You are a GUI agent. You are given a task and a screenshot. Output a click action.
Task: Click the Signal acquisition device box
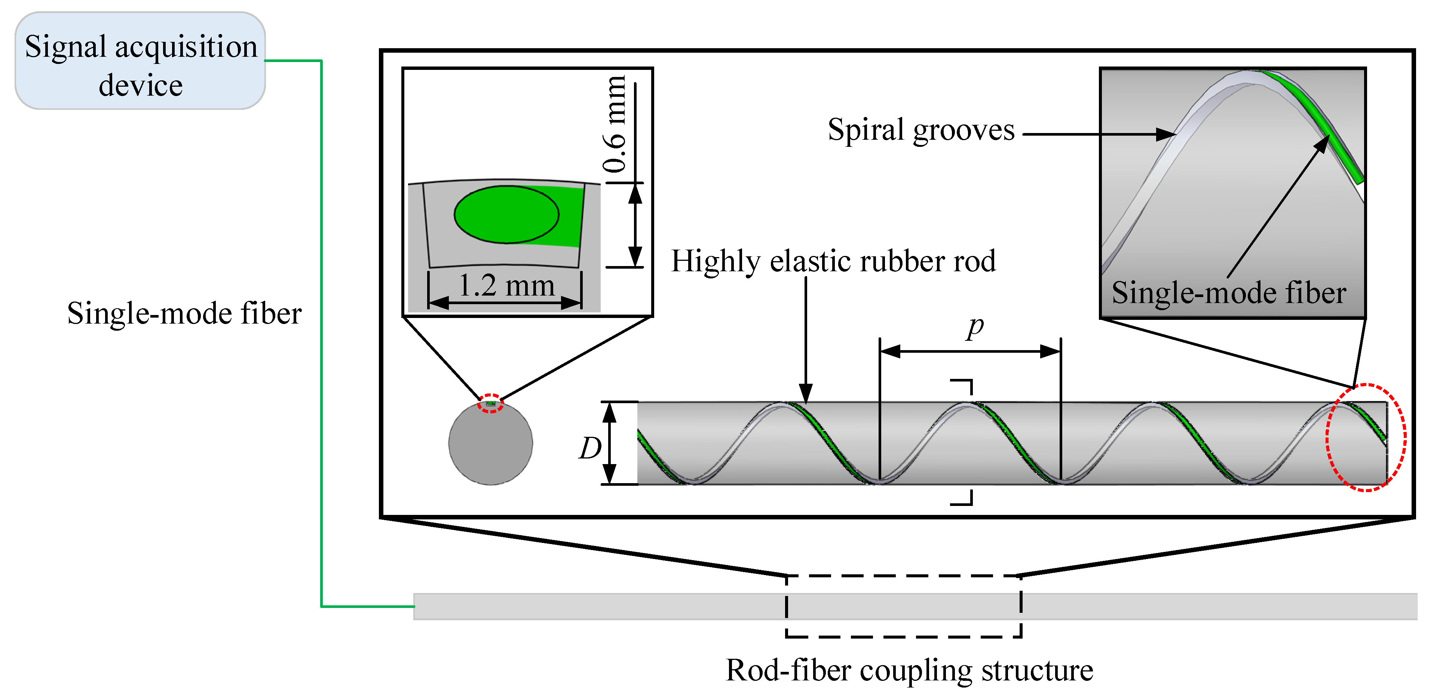point(140,61)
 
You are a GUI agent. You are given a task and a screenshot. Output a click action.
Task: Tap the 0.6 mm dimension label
point(615,124)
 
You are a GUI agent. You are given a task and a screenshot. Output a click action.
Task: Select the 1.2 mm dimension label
point(506,285)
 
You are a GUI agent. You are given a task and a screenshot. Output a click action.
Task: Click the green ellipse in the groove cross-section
point(506,214)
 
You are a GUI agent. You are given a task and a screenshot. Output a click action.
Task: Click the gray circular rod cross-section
point(491,443)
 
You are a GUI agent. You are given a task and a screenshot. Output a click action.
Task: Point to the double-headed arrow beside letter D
point(609,443)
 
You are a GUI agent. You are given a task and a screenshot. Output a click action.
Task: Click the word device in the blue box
point(141,86)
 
